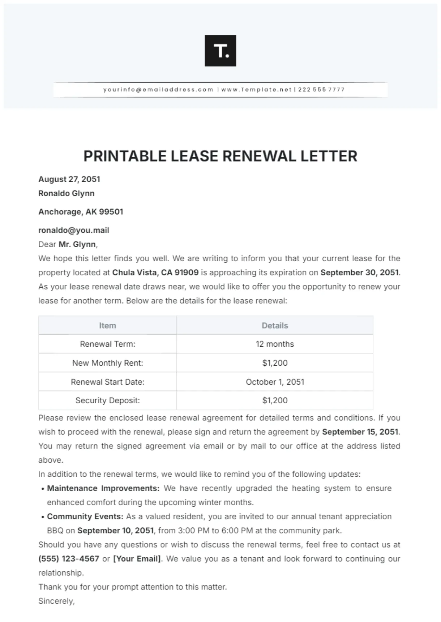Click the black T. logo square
coord(220,51)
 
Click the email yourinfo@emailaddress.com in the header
coord(158,90)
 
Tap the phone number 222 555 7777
coord(321,90)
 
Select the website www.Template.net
coord(256,90)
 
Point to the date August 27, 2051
coord(69,179)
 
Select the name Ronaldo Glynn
coord(67,193)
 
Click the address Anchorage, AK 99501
coord(81,212)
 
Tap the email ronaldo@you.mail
coord(74,230)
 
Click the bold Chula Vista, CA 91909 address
coord(155,273)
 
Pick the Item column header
coord(108,326)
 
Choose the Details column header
coord(275,326)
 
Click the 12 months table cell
coord(275,344)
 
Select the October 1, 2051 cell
coord(275,382)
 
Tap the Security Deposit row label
coord(108,400)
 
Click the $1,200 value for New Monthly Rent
coord(275,363)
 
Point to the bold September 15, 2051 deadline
coord(360,432)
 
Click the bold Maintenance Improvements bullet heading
coord(103,488)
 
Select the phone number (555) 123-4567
coord(69,559)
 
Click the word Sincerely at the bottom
coord(56,601)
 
